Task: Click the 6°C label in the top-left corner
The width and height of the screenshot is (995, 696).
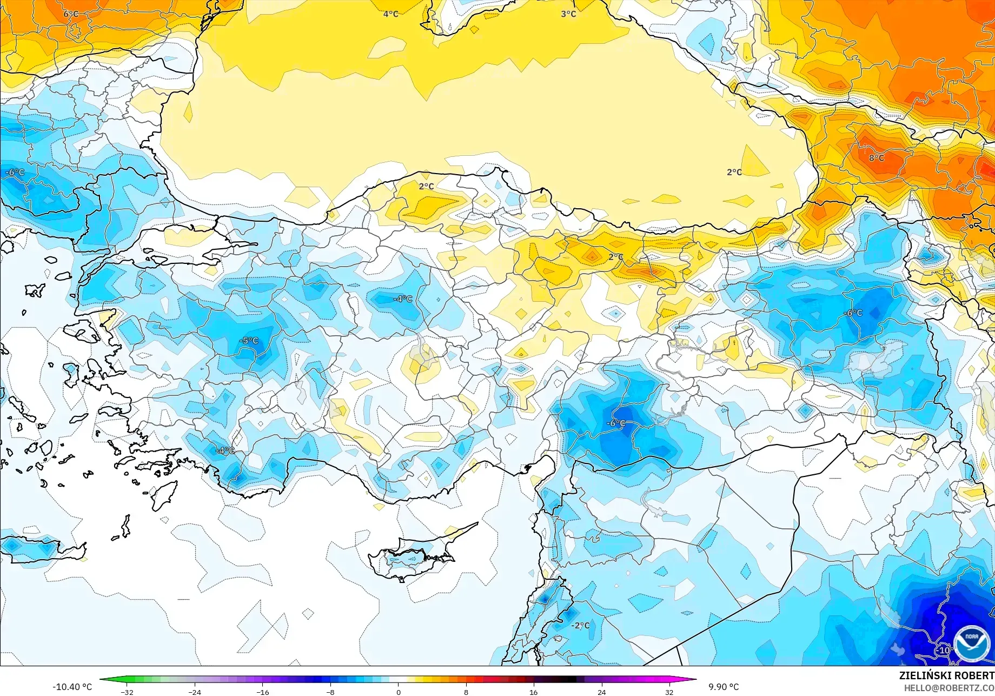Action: [x=71, y=14]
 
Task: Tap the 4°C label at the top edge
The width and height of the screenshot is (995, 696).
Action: [x=390, y=14]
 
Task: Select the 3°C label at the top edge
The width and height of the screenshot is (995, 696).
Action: [x=568, y=14]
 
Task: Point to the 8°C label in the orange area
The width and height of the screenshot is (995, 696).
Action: [x=877, y=158]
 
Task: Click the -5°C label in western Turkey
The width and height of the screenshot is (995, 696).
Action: [x=249, y=341]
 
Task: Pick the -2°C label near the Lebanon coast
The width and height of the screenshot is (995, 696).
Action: [x=580, y=625]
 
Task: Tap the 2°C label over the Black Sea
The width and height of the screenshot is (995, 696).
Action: [x=734, y=172]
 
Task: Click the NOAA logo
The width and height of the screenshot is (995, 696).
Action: [x=971, y=644]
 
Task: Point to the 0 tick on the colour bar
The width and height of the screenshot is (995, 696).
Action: [x=399, y=692]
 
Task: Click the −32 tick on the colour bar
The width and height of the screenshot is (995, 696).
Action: [x=127, y=692]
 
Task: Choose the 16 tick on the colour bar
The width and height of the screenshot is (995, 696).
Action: [x=534, y=692]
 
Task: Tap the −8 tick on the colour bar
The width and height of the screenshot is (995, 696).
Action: [x=330, y=692]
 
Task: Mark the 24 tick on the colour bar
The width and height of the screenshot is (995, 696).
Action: [x=601, y=692]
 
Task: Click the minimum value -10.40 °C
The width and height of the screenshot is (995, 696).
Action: [x=72, y=687]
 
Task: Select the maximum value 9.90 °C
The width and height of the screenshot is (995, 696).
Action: [x=724, y=687]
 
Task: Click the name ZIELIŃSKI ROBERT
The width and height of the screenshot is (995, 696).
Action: [x=946, y=675]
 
